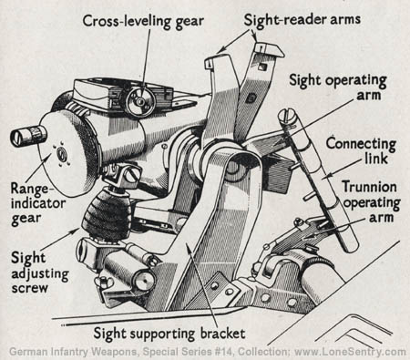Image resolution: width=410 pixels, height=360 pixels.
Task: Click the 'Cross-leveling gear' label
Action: pos(143,22)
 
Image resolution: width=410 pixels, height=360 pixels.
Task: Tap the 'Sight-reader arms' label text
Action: pos(302,20)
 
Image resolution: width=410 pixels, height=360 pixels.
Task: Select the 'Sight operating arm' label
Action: pos(338,87)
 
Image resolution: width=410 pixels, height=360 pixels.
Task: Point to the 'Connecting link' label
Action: pos(361,151)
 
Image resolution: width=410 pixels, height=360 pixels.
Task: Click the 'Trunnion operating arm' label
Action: pos(371,202)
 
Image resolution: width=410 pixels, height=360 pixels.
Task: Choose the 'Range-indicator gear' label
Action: pos(38,204)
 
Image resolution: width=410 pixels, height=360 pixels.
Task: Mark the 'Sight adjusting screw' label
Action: pos(40,273)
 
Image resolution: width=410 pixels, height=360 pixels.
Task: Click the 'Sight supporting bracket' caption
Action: pos(169,334)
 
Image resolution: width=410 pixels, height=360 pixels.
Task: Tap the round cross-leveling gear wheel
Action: pos(140,101)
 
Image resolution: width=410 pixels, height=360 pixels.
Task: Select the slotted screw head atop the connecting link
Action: pos(287,117)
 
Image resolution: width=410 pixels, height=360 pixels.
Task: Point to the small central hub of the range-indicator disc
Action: pos(62,153)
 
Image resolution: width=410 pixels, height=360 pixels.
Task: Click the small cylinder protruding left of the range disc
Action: pos(29,135)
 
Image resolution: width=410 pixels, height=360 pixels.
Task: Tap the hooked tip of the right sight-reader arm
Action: pos(270,50)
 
